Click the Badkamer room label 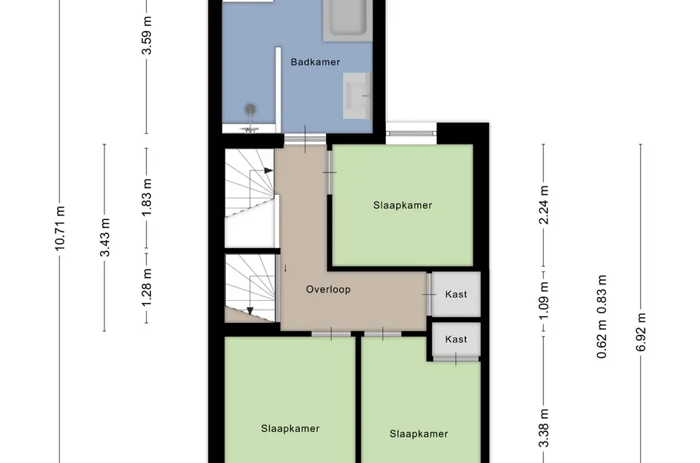pyautogui.click(x=315, y=62)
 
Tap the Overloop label pyautogui.click(x=328, y=290)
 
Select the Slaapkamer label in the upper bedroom pyautogui.click(x=402, y=205)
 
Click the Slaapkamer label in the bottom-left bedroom pyautogui.click(x=290, y=428)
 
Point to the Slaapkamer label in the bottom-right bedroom pyautogui.click(x=419, y=433)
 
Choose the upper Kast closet pyautogui.click(x=456, y=294)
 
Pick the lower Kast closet pyautogui.click(x=456, y=339)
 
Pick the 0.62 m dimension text pyautogui.click(x=602, y=344)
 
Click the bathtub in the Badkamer pyautogui.click(x=347, y=18)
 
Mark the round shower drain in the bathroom pyautogui.click(x=251, y=110)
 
